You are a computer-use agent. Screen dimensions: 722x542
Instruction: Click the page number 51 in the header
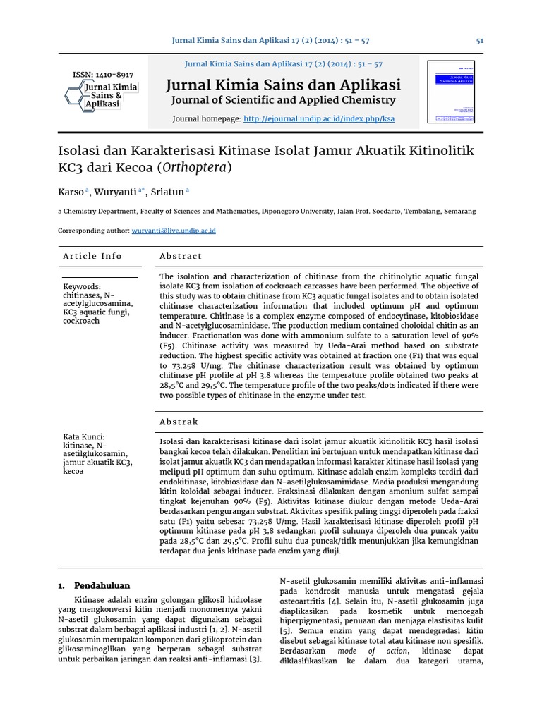(x=480, y=41)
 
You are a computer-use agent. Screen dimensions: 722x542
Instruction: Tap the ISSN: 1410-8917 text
(x=104, y=75)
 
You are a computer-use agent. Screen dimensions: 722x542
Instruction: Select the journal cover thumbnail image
(x=452, y=92)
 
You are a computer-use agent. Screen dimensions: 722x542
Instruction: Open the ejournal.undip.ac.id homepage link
(x=319, y=119)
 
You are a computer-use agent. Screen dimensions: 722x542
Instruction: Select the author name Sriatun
(x=169, y=191)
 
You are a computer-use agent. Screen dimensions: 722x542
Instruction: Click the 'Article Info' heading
(x=92, y=256)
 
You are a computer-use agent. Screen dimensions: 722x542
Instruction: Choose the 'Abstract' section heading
(x=181, y=256)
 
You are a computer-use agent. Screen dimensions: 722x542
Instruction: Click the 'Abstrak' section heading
(x=179, y=422)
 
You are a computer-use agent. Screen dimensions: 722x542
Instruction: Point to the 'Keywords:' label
(x=83, y=287)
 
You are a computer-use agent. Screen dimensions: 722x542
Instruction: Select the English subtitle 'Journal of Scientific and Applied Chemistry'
(x=282, y=100)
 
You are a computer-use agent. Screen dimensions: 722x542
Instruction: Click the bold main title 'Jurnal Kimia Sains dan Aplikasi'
(x=282, y=85)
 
